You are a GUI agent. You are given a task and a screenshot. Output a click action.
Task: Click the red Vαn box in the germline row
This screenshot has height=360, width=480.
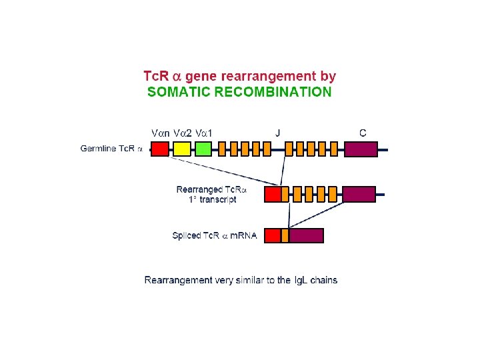point(161,149)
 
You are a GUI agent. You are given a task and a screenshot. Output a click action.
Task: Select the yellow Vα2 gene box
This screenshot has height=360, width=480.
point(181,149)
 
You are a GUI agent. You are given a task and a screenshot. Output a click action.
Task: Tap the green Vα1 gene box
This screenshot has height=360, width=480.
point(203,149)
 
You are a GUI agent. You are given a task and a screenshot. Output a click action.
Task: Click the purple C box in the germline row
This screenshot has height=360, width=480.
point(361,149)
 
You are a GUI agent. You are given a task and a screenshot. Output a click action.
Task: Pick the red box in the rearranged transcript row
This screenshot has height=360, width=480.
point(273,194)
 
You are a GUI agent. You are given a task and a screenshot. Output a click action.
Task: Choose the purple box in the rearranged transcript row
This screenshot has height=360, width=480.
point(359,194)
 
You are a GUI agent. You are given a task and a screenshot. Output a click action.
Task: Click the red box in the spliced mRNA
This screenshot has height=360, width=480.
point(273,235)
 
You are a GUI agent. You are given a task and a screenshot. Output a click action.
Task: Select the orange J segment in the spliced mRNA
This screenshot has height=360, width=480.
point(285,235)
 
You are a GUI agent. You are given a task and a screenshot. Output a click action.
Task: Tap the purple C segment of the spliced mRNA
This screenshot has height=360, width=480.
point(306,235)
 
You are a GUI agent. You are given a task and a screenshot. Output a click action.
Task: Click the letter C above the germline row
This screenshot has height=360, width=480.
point(362,132)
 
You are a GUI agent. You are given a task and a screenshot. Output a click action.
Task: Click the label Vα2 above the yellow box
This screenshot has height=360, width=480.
point(182,132)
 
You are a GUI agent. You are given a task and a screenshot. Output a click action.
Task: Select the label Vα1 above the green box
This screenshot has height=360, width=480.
point(203,132)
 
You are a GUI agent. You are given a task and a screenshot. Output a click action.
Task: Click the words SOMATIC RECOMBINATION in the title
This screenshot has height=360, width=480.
point(239,92)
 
